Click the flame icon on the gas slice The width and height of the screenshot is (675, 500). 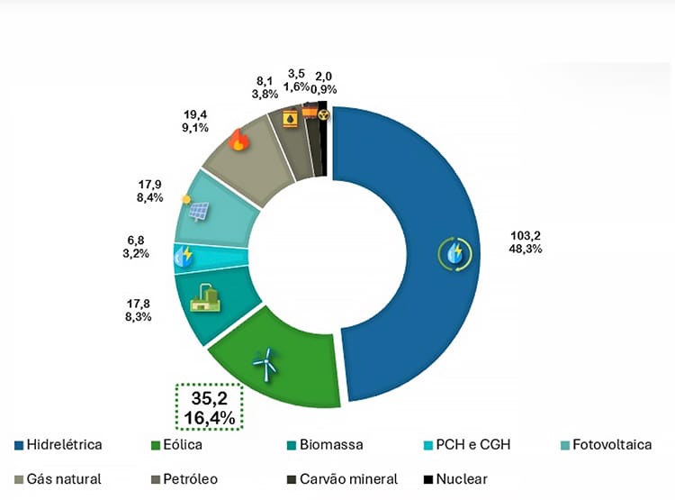tap(238, 140)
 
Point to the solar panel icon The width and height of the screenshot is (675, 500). tap(198, 212)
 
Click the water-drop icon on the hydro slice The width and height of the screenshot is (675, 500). tap(455, 253)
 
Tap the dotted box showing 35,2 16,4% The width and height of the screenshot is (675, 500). tap(210, 407)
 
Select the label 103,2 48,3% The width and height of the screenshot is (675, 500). tap(524, 241)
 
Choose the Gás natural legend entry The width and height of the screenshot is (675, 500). tap(58, 478)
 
